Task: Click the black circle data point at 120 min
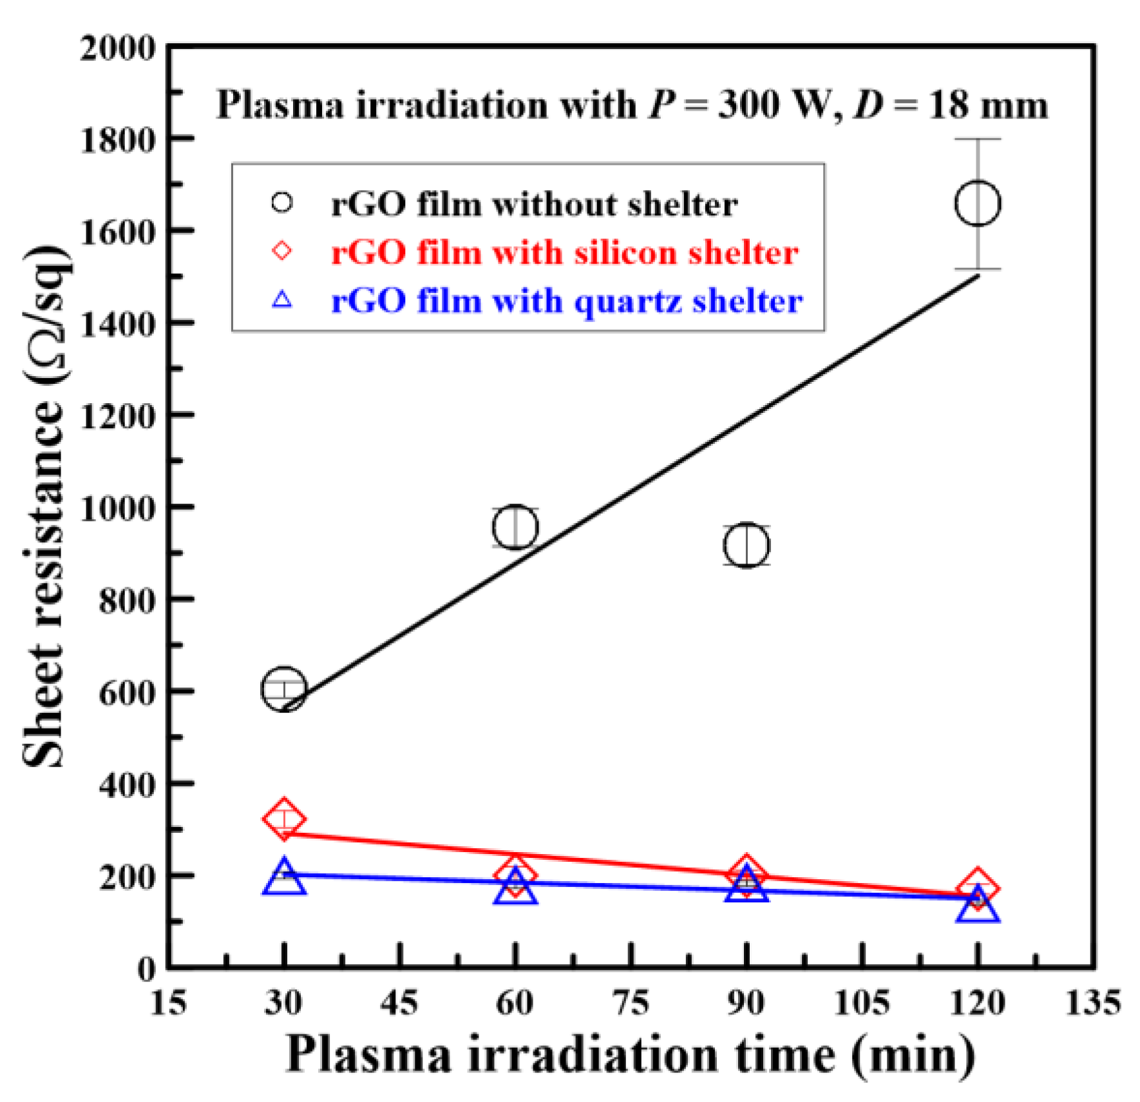pos(977,204)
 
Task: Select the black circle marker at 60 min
pos(515,527)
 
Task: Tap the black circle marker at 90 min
pos(746,546)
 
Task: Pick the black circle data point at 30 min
pos(283,689)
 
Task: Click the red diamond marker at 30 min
pos(283,820)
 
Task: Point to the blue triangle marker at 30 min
pos(283,877)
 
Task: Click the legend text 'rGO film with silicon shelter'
pos(564,252)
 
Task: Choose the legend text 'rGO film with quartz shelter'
pos(567,301)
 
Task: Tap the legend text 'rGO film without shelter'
pos(534,204)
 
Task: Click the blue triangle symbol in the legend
pos(282,300)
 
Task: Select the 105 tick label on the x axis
pos(861,1003)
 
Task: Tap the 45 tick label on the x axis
pos(399,1003)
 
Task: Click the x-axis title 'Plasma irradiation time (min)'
pos(630,1055)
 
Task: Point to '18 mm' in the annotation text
pos(987,104)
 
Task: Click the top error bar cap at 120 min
pos(977,139)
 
